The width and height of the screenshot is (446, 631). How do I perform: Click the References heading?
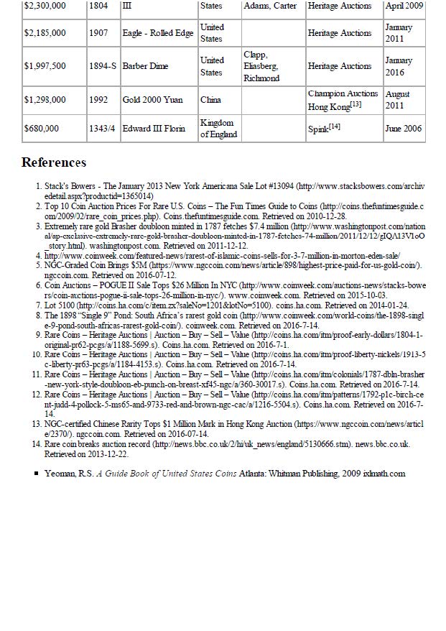[x=54, y=162]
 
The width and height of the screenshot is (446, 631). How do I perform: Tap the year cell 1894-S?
[x=103, y=66]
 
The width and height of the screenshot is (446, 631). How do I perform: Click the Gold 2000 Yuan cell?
[x=152, y=99]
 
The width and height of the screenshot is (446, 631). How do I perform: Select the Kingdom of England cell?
[x=218, y=129]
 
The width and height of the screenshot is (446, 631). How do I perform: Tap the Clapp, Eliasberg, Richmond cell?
[x=261, y=66]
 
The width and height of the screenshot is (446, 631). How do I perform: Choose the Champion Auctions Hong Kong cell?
[x=342, y=99]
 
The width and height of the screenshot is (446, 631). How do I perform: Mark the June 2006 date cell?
[x=403, y=129]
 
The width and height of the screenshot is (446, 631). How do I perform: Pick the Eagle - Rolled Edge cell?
[x=157, y=33]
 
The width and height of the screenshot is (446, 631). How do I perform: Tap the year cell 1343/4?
[x=102, y=129]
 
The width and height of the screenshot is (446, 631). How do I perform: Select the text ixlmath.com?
[x=384, y=474]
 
